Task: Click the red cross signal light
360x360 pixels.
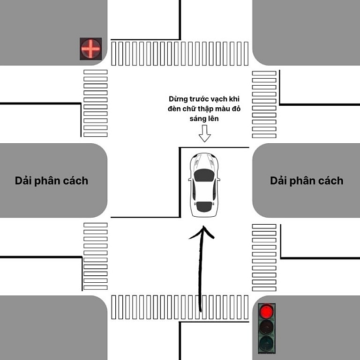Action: pyautogui.click(x=90, y=48)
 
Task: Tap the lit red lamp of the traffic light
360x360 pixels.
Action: pyautogui.click(x=267, y=311)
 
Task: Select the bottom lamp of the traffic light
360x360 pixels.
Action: pyautogui.click(x=267, y=343)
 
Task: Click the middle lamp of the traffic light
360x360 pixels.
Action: pyautogui.click(x=267, y=327)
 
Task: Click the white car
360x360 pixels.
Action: pyautogui.click(x=204, y=185)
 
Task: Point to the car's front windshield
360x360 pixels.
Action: pyautogui.click(x=204, y=176)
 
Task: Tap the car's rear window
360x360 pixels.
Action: pyautogui.click(x=204, y=205)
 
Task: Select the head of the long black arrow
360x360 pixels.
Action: pyautogui.click(x=202, y=232)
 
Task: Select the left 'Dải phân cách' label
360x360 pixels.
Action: pyautogui.click(x=52, y=181)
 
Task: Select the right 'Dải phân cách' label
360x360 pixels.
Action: pyautogui.click(x=307, y=181)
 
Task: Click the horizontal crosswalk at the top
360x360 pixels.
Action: pyautogui.click(x=180, y=53)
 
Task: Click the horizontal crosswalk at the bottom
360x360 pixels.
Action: pyautogui.click(x=180, y=307)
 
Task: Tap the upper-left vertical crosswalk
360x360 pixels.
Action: pyautogui.click(x=95, y=103)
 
